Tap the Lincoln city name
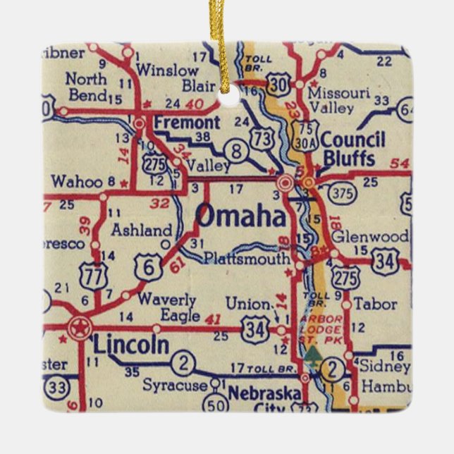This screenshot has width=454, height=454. point(131,345)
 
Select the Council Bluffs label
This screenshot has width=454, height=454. point(352,148)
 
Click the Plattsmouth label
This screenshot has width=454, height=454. point(246,258)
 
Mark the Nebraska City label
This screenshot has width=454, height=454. point(267,398)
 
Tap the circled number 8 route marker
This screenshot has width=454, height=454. point(237,149)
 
